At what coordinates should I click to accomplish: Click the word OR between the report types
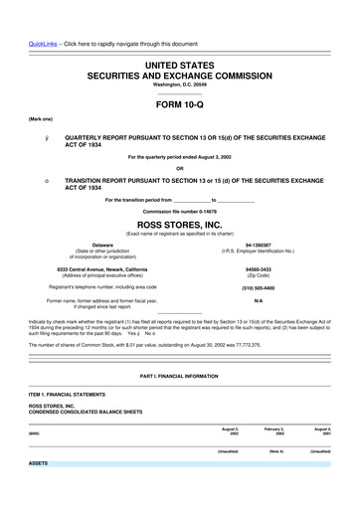[x=179, y=166]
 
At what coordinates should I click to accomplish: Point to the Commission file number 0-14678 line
[x=179, y=212]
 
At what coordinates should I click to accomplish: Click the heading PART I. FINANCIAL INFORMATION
[x=179, y=377]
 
